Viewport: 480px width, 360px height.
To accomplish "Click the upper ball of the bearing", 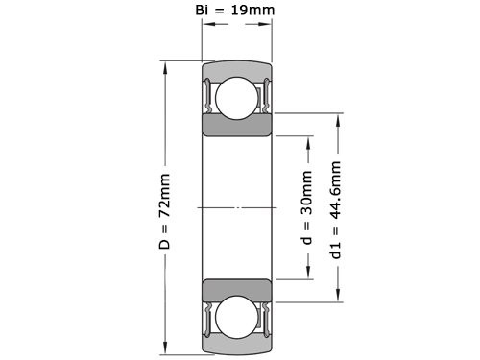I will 235,100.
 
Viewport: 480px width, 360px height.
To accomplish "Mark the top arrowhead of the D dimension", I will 168,66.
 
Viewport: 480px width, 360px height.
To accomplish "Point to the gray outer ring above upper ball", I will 235,70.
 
